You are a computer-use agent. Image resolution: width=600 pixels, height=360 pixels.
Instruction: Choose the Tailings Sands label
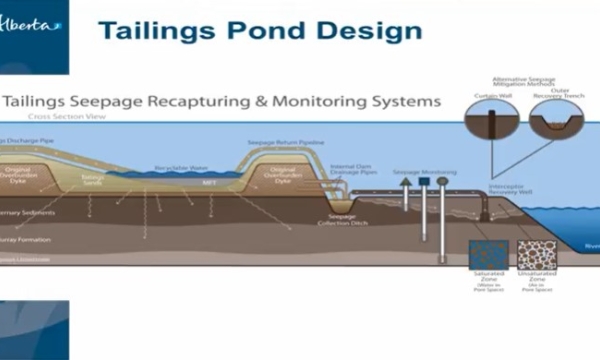coord(94,180)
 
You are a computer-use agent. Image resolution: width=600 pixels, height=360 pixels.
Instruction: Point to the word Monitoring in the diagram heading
coord(315,102)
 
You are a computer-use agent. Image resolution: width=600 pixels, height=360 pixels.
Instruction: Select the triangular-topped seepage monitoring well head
coord(405,189)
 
